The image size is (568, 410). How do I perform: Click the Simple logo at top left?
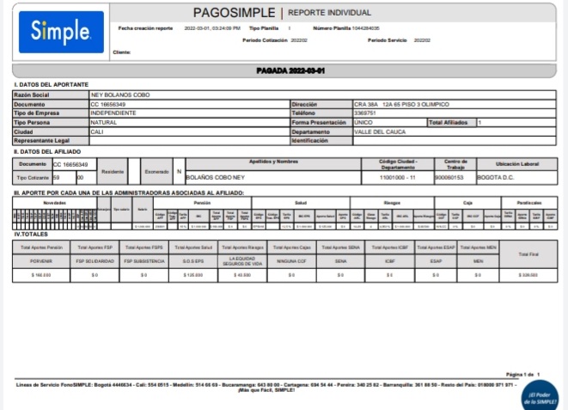coord(60,33)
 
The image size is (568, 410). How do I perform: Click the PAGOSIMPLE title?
coord(234,13)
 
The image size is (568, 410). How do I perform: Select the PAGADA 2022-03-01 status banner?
coord(283,69)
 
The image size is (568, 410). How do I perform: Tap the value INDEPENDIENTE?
coord(119,113)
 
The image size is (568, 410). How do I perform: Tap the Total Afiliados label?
coord(449,122)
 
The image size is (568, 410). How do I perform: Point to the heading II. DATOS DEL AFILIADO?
coord(50,151)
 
